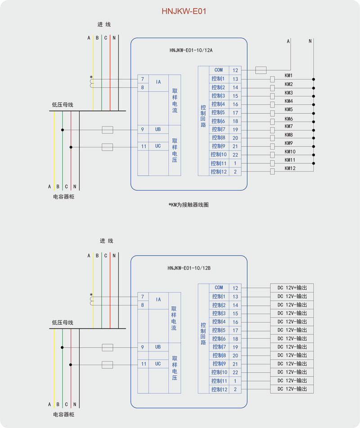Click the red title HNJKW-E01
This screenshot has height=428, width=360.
point(184,11)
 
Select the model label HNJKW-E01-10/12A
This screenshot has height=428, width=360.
point(191,50)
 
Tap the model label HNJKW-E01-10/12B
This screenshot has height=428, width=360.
point(189,268)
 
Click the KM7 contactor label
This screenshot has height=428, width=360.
point(288,126)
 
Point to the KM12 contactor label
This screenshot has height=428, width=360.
point(290,168)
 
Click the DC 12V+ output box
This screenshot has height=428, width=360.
point(292,288)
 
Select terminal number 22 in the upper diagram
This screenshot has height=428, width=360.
point(235,155)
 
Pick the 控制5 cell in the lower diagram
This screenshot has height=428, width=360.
point(219,330)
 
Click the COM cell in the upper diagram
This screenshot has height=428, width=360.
point(219,70)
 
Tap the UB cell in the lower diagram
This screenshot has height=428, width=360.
point(158,347)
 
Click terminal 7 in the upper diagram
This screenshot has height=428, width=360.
point(143,79)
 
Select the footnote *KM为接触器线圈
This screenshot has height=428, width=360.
point(189,205)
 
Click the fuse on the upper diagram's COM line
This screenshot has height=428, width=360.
point(261,70)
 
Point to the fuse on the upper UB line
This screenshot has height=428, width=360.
point(107,130)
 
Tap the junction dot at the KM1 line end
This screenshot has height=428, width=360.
point(314,79)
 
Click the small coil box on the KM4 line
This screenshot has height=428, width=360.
point(272,104)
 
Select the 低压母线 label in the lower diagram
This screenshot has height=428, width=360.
point(63,323)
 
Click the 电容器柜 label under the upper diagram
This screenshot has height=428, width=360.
point(63,197)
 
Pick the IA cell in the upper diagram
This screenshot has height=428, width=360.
point(158,82)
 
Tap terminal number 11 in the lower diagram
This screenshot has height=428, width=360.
point(144,364)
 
